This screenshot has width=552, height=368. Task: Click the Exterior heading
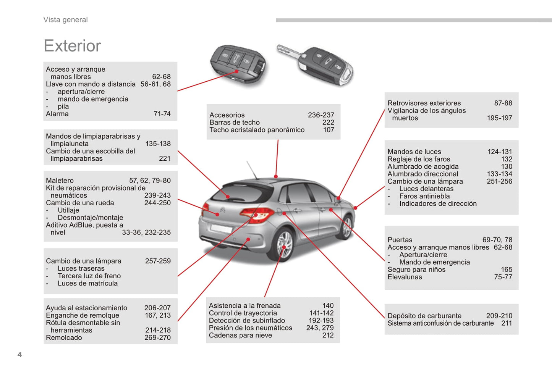[x=72, y=46]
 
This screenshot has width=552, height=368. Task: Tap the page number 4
[x=20, y=355]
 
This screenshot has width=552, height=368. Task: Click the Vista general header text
[x=66, y=20]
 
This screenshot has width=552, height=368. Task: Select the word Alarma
[x=57, y=114]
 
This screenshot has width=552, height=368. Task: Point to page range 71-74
[x=162, y=114]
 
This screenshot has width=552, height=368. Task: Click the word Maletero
[x=60, y=181]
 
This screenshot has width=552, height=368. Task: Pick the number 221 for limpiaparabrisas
[x=165, y=158]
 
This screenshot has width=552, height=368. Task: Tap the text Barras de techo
[x=234, y=123]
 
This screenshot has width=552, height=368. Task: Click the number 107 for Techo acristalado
[x=329, y=130]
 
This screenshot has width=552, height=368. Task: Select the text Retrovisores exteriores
[x=424, y=103]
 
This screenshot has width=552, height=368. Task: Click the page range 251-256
[x=500, y=181]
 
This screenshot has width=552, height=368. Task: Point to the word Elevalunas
[x=405, y=277]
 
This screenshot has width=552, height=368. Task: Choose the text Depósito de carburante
[x=424, y=316]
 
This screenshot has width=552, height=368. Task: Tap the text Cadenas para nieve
[x=240, y=335]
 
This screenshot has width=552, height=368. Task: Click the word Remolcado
[x=64, y=337]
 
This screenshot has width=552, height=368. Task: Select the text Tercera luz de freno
[x=89, y=276]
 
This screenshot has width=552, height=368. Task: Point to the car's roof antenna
[x=252, y=170]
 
